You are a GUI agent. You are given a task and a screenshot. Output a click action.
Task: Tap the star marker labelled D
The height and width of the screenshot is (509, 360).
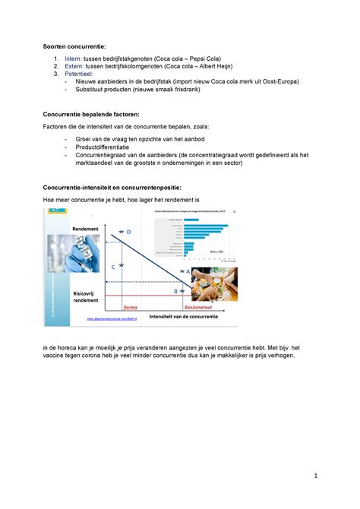pos(121,231)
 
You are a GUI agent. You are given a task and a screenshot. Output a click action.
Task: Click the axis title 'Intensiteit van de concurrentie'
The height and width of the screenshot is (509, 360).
pos(183,316)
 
